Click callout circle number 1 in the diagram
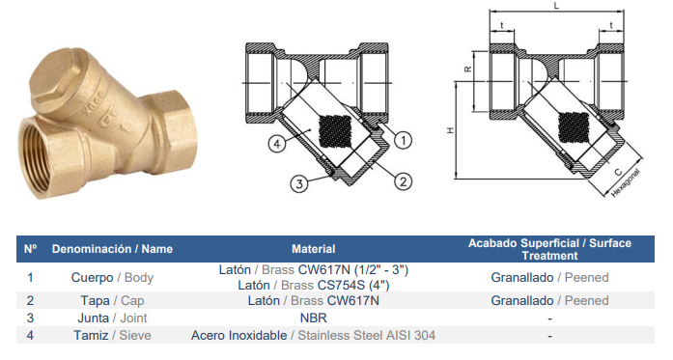(x=403, y=140)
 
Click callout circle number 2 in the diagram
(x=403, y=181)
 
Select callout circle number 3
(x=298, y=183)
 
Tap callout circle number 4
(x=277, y=143)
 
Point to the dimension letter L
(x=557, y=6)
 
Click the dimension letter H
(x=450, y=130)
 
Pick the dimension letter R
(x=468, y=69)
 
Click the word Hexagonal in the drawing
(x=626, y=182)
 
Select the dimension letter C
(x=618, y=172)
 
